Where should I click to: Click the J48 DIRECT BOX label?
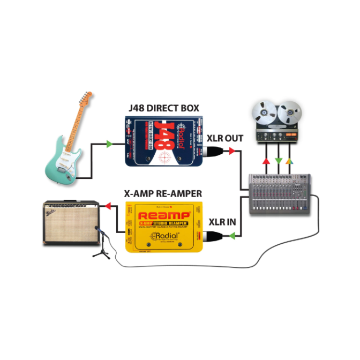click(164, 108)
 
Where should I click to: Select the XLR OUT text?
click(225, 139)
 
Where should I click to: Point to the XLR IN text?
click(222, 221)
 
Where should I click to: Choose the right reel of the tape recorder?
click(289, 113)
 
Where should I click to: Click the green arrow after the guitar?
click(109, 144)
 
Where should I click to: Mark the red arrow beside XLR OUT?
click(231, 152)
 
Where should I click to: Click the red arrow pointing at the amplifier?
click(108, 204)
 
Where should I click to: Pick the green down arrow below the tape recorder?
click(278, 160)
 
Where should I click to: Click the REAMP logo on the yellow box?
click(162, 216)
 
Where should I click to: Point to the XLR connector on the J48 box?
click(213, 154)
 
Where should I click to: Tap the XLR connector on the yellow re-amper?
click(211, 235)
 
